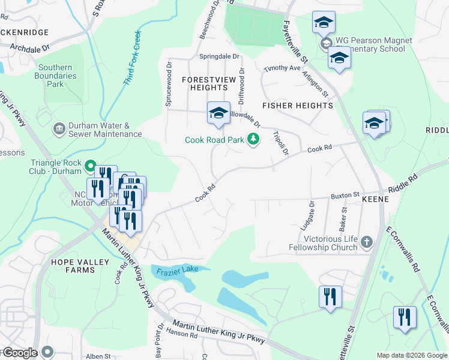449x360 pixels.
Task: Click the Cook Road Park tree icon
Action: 254,140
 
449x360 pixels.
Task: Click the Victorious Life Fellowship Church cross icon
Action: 366,242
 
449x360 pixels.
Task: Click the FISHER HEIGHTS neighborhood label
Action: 297,106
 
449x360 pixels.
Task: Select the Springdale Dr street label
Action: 219,57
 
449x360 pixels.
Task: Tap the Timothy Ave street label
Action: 282,68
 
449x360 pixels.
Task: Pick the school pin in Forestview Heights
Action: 218,113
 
